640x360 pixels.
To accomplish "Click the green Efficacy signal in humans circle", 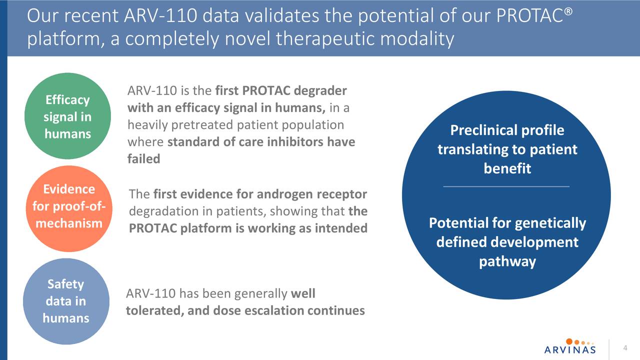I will coord(67,116).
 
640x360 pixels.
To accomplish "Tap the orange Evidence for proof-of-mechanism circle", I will coord(67,208).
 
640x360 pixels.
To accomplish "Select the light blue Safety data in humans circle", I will coord(65,301).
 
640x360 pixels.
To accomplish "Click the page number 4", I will coord(624,348).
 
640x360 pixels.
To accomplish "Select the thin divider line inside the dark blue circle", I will coord(506,186).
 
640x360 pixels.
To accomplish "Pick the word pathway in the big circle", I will coord(507,261).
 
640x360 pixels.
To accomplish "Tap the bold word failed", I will coord(143,159).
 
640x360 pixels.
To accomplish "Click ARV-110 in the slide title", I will coord(161,16).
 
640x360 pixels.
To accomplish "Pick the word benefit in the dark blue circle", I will coord(507,168).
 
